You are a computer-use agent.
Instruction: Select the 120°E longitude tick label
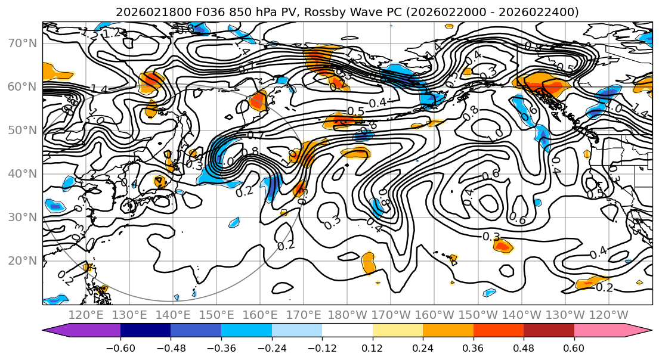tap(86, 315)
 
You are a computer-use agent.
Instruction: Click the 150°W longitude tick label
tap(478, 315)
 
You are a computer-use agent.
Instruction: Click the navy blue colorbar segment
tap(146, 330)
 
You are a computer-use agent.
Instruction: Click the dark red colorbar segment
tap(549, 330)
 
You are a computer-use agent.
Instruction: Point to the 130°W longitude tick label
tap(565, 315)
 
